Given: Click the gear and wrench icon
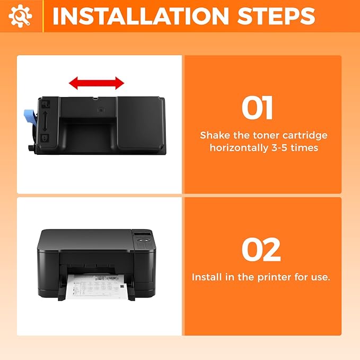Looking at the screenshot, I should pyautogui.click(x=21, y=16).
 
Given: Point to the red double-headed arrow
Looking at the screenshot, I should pyautogui.click(x=96, y=83).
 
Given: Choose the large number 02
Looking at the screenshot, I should pyautogui.click(x=261, y=250).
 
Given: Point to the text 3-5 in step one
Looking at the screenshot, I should pyautogui.click(x=280, y=148).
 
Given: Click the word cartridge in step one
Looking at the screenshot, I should pyautogui.click(x=306, y=135).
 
